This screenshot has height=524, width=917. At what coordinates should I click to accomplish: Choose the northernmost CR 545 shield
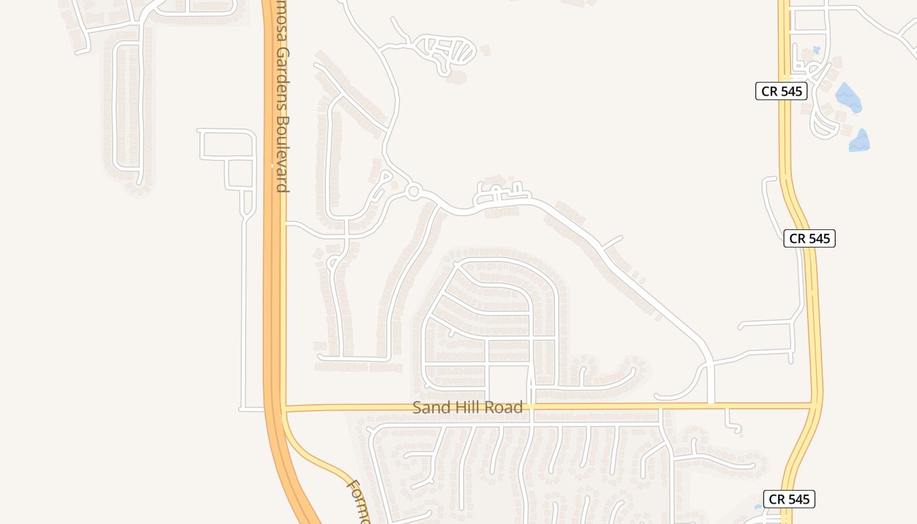(781, 91)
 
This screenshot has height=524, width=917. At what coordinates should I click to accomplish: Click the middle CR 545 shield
(810, 238)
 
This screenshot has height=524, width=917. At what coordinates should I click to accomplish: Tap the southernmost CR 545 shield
(789, 499)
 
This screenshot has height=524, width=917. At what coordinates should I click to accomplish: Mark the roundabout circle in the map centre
(413, 192)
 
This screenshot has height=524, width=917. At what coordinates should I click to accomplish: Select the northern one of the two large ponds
(848, 98)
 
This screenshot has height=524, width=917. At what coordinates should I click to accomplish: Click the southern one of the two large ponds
(859, 140)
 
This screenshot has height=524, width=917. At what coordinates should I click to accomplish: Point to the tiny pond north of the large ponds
(816, 49)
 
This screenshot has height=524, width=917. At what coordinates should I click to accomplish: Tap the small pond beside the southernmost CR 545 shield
(758, 506)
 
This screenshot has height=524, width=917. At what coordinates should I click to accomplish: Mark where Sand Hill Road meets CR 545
(815, 406)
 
